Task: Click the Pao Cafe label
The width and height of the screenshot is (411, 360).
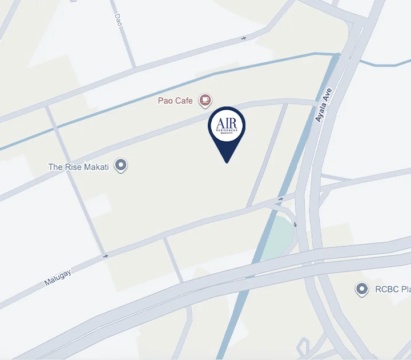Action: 175,101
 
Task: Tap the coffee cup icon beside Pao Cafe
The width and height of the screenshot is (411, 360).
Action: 205,101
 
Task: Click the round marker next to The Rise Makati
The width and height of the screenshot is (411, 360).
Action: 120,166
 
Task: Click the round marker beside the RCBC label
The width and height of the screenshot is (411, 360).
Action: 361,290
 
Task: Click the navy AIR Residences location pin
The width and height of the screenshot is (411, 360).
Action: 227,129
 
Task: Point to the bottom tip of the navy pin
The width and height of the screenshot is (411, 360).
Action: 227,162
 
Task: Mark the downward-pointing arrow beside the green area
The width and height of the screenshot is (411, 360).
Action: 296,225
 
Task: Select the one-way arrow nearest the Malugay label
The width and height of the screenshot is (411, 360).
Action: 106,256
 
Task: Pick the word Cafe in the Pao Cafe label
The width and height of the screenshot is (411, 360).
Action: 184,101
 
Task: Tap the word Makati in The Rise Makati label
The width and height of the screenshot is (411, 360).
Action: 97,167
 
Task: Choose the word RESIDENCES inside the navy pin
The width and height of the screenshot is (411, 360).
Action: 227,130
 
